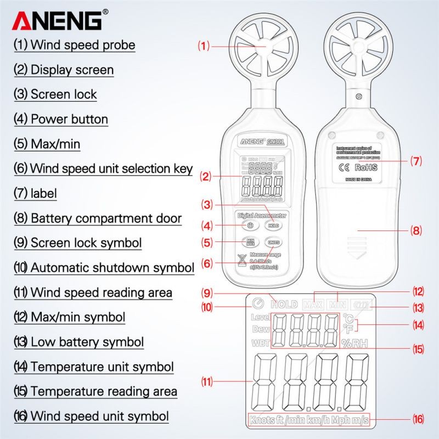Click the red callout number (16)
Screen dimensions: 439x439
(x=418, y=421)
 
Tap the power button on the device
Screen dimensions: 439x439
(x=250, y=225)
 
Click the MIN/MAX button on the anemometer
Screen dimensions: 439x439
(x=250, y=242)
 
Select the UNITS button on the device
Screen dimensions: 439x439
(x=273, y=242)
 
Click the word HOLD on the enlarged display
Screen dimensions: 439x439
(x=284, y=304)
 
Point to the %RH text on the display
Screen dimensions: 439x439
(x=354, y=344)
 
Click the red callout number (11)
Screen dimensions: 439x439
(x=206, y=381)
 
